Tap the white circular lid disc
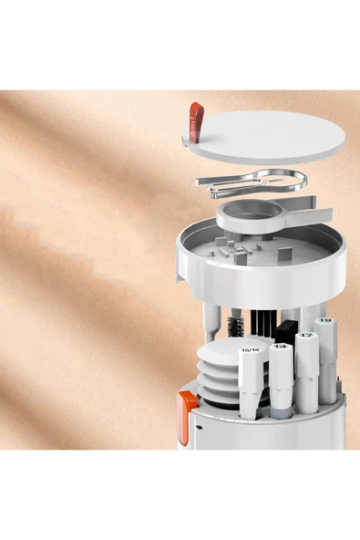click(x=264, y=137)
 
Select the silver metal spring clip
click(x=246, y=182)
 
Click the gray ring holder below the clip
click(x=242, y=217)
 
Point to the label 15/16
click(x=251, y=349)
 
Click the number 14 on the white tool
click(x=281, y=347)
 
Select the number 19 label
click(x=325, y=321)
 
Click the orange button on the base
click(x=187, y=414)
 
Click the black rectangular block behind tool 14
click(x=286, y=330)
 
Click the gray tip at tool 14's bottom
click(x=281, y=410)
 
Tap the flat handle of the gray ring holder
click(x=301, y=215)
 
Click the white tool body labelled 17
click(x=308, y=374)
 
